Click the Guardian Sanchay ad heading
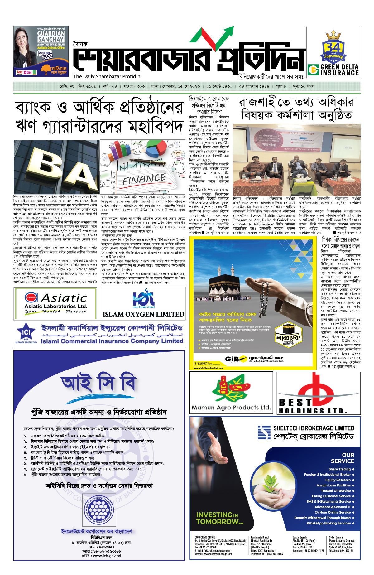pyautogui.click(x=51, y=36)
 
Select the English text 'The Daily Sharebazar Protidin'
pyautogui.click(x=107, y=76)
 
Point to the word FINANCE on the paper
pyautogui.click(x=144, y=179)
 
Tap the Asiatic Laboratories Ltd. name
pyautogui.click(x=56, y=306)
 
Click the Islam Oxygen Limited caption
pyautogui.click(x=143, y=314)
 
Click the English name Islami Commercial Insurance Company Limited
pyautogui.click(x=112, y=341)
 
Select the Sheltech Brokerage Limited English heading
pyautogui.click(x=314, y=428)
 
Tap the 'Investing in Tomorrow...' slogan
pyautogui.click(x=219, y=518)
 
